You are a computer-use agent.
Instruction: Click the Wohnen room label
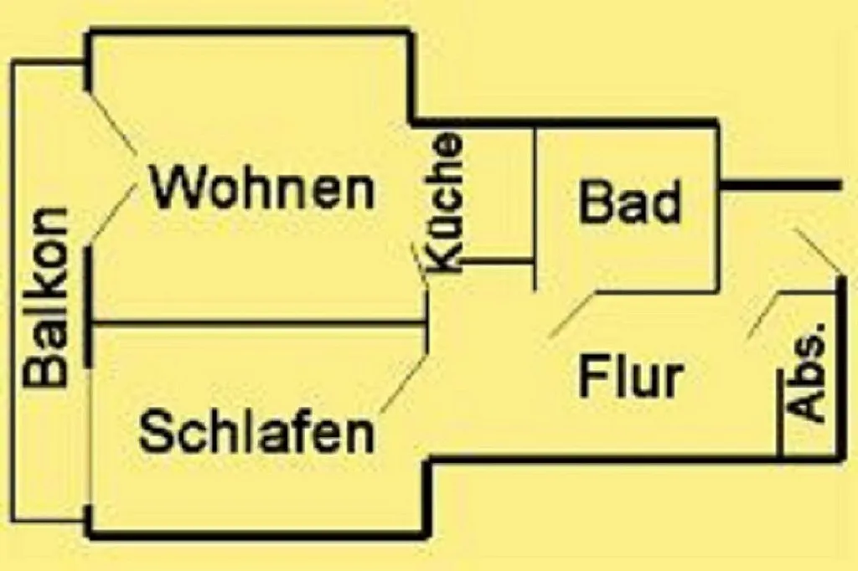262,188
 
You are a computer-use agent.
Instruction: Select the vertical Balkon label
46,298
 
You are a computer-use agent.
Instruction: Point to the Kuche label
443,203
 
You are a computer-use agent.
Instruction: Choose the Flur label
631,376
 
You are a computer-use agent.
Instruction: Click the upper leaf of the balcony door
112,122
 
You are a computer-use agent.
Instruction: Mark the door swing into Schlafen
403,383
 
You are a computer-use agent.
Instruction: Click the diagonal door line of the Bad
572,315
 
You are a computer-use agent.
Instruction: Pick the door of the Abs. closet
763,315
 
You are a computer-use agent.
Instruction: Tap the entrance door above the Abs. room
816,251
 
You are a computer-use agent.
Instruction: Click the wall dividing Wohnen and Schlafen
260,324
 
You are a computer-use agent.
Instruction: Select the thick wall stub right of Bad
780,186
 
